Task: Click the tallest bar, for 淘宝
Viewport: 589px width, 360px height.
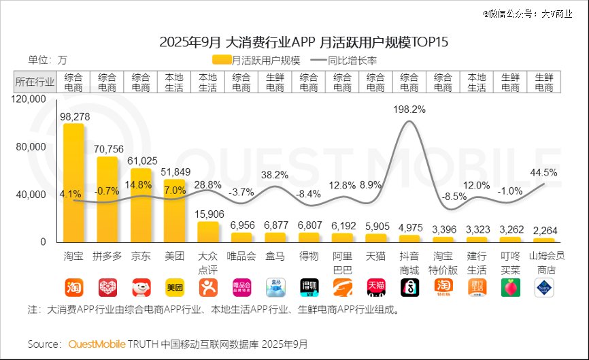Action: tap(73, 182)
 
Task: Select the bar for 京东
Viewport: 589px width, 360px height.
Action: tap(141, 204)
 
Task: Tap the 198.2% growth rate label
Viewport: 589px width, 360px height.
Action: tap(409, 109)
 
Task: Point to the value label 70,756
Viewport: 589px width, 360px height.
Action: tap(107, 150)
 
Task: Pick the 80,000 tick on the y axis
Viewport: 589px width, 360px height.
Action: tap(31, 147)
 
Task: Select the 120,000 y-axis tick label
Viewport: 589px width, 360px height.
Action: tap(29, 99)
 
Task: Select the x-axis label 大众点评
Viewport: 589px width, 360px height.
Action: tap(208, 261)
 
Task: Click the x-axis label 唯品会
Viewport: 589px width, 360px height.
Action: tap(241, 256)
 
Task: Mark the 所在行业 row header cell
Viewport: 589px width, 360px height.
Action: tap(35, 82)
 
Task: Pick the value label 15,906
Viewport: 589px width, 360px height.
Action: tap(208, 214)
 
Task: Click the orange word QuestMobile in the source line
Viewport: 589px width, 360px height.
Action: tap(97, 344)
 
